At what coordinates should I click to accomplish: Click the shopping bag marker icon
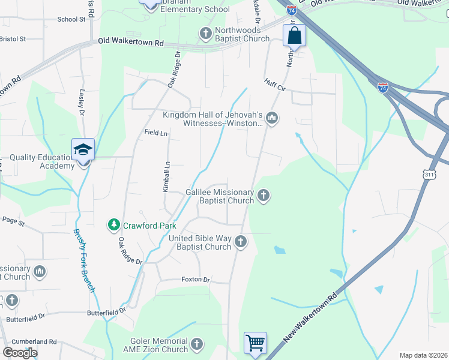tap(295, 35)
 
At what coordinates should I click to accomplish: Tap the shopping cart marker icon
tap(255, 344)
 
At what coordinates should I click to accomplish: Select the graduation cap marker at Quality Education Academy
tap(83, 150)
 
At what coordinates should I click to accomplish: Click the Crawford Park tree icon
tap(113, 226)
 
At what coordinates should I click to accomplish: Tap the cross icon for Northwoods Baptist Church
tap(205, 33)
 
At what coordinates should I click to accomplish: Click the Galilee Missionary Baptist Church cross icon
tap(263, 195)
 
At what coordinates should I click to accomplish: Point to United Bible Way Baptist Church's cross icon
tap(240, 242)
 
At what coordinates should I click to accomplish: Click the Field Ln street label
tap(156, 133)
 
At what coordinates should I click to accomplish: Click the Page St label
tap(13, 222)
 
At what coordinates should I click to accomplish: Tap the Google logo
tap(19, 352)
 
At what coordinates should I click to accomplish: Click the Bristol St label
tap(13, 38)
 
